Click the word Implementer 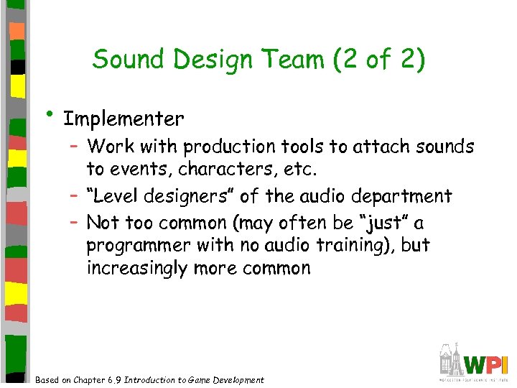124,118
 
